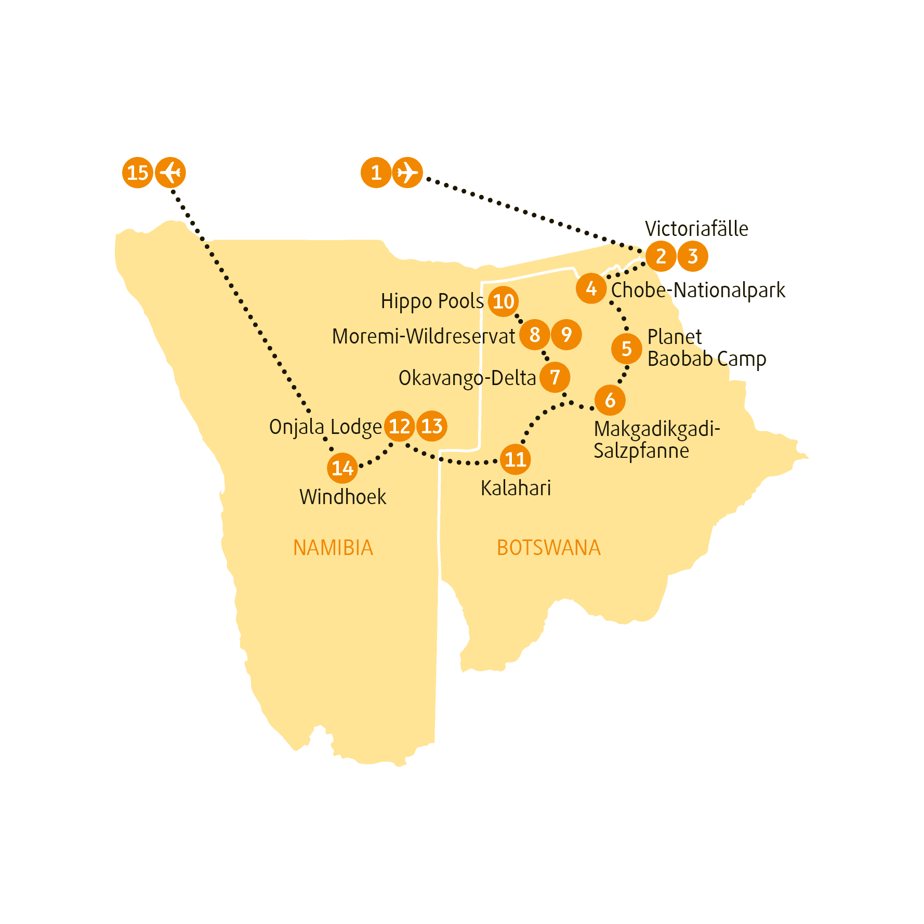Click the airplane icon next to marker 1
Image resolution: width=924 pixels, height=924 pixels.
coord(407,173)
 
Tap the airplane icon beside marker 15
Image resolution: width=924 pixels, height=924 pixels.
coord(170,173)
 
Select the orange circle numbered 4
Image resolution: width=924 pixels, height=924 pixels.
coord(591,288)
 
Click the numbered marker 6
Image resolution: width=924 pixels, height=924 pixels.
coord(610,400)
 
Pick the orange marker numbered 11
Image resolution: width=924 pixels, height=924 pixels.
coord(516,459)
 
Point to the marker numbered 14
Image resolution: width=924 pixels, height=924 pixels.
coord(342,468)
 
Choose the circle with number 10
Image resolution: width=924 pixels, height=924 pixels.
coord(503,301)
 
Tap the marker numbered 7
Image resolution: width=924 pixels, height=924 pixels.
coord(555,377)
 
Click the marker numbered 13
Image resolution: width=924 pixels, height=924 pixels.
coord(432,426)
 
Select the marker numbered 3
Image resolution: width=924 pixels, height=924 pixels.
coord(693,256)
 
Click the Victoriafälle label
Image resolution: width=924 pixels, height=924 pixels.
coord(696,229)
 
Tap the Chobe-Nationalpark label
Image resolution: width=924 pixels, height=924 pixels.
coord(698,291)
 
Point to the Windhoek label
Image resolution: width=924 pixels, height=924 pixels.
coord(343,497)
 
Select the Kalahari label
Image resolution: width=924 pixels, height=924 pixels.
coord(516,488)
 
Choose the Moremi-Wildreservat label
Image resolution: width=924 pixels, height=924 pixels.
coord(424,336)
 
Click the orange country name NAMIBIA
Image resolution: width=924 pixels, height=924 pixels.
coord(333,548)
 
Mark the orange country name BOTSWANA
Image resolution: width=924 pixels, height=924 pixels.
coord(549,548)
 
